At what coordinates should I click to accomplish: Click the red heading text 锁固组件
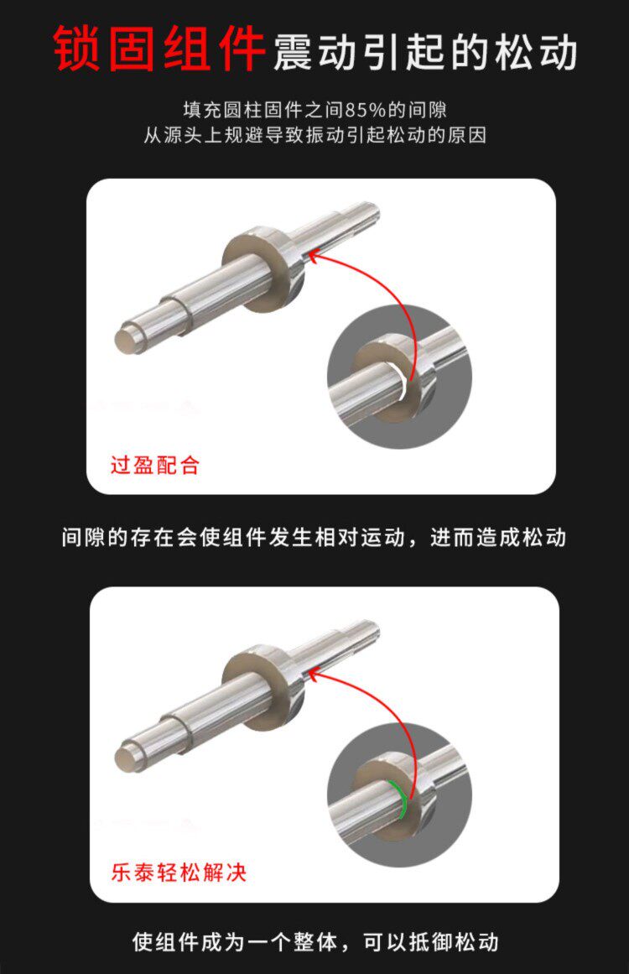tap(159, 49)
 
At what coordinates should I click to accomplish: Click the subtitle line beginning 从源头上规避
tap(314, 135)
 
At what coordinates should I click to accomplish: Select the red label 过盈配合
tap(154, 465)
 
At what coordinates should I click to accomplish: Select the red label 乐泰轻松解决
tap(179, 872)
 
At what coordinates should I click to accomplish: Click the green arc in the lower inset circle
tap(400, 798)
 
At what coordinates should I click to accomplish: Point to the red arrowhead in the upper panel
tap(314, 256)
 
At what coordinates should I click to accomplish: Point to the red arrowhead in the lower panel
tap(314, 675)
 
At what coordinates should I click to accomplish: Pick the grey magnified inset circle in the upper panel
tap(399, 377)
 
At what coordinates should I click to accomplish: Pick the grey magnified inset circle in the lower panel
tap(399, 795)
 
